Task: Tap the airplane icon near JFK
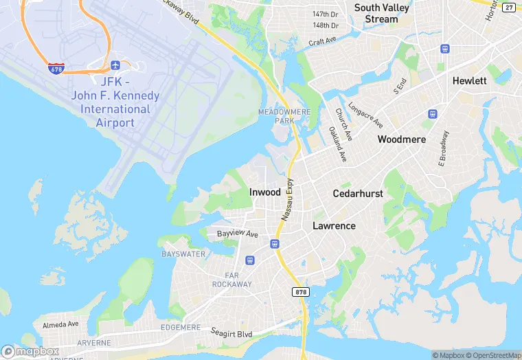115,65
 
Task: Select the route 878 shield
301,292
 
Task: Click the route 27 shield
508,7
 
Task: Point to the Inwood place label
264,193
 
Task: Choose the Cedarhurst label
358,194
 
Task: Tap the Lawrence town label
334,225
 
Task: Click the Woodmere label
402,139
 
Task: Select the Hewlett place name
470,80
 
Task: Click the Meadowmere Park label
275,115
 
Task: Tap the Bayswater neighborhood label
183,254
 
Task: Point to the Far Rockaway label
231,279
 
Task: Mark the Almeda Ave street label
60,324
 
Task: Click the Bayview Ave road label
237,234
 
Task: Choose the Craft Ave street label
323,42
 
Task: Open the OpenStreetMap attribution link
493,355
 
